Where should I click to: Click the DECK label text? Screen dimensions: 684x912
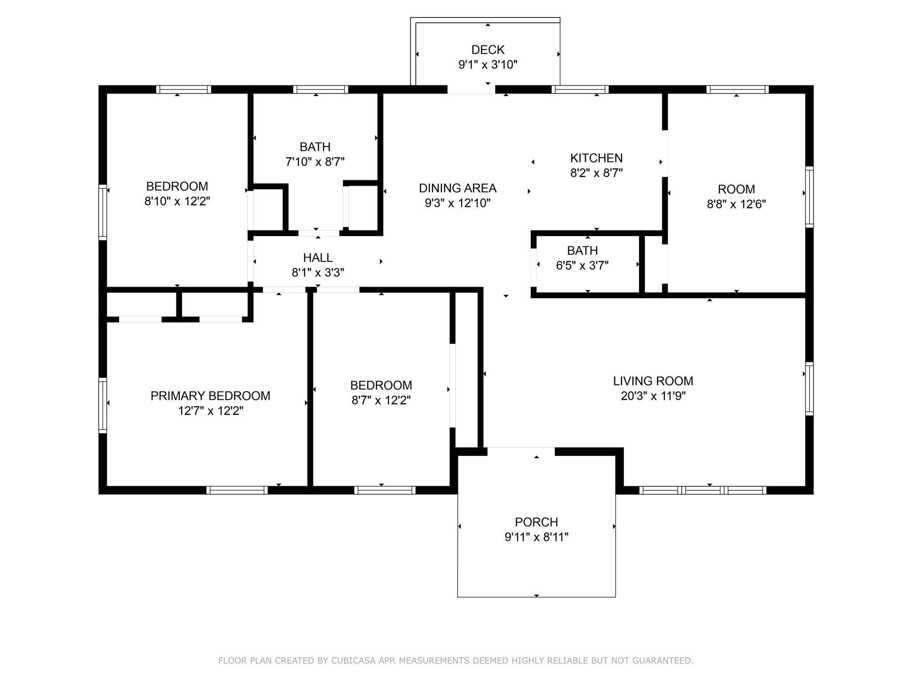tap(488, 49)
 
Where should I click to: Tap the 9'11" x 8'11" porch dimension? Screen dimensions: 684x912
tap(536, 537)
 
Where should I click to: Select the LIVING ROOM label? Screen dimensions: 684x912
tap(653, 381)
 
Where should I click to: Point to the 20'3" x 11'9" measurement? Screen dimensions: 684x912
tap(653, 396)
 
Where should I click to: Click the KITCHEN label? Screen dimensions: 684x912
tap(596, 158)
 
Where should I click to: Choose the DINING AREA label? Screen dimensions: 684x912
tap(457, 188)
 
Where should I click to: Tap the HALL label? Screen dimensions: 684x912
tap(318, 258)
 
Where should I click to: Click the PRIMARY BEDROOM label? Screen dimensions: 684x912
tap(210, 396)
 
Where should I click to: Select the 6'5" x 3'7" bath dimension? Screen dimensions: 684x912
tap(582, 265)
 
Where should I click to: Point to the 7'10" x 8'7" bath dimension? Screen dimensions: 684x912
tap(315, 162)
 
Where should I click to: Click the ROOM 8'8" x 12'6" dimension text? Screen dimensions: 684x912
tap(736, 204)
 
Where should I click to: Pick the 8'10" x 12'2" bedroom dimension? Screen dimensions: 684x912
tap(177, 201)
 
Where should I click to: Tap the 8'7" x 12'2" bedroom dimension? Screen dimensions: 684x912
tap(381, 400)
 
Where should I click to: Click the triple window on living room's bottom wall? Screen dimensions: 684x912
tap(703, 490)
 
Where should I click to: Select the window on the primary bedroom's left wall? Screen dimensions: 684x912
tap(102, 405)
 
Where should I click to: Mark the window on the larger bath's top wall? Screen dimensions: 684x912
tap(320, 90)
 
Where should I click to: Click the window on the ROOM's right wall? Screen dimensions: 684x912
tap(809, 197)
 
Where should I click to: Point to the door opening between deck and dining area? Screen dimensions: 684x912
tap(471, 90)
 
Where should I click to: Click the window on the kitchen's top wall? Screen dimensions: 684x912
tap(580, 90)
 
